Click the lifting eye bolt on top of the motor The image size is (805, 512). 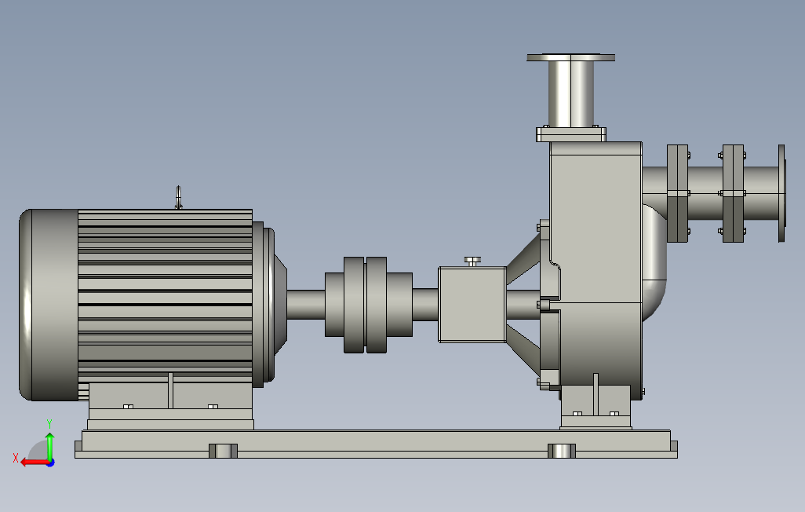178,197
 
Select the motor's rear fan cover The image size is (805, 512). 49,305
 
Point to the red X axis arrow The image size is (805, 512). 35,463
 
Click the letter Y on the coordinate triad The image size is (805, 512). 49,424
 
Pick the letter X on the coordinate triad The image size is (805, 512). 16,458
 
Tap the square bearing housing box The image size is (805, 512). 472,305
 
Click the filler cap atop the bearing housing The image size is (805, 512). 472,261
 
